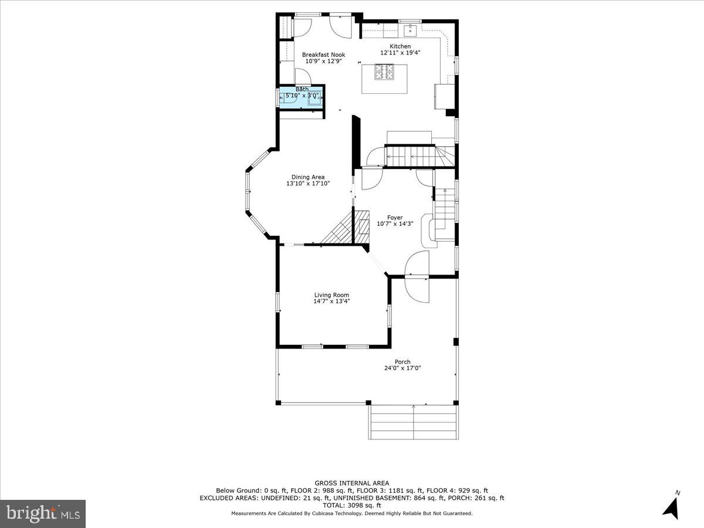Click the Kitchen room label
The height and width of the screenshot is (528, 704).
point(400,46)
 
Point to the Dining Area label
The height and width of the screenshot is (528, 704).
point(308,177)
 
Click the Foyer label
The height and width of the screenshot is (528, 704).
point(394,218)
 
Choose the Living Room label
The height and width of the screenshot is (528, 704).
point(331,295)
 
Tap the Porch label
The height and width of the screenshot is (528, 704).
point(402,362)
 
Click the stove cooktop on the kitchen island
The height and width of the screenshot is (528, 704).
point(385,72)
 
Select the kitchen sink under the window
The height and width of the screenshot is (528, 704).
point(411,28)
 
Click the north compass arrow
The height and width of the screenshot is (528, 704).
point(671,506)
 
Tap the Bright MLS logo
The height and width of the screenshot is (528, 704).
point(43,513)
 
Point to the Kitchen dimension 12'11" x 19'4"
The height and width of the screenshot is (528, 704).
point(400,53)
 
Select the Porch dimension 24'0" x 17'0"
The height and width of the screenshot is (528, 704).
point(402,368)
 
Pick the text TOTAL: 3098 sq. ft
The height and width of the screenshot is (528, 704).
point(352,505)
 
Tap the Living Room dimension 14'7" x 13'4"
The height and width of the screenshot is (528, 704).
point(331,302)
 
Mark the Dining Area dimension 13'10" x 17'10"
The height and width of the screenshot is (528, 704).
point(308,184)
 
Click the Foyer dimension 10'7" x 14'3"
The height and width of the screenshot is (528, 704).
point(394,224)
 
